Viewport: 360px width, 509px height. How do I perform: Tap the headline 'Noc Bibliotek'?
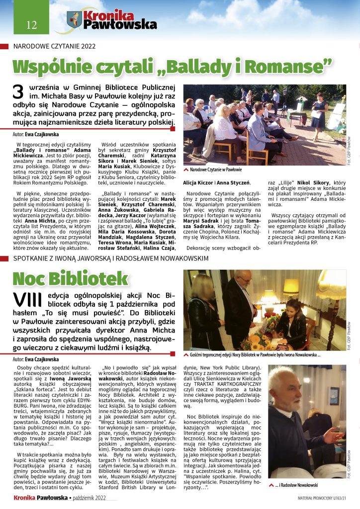(x=70, y=279)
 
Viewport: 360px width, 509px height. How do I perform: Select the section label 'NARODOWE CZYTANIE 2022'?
(x=54, y=46)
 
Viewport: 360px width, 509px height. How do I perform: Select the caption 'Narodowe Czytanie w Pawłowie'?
(x=216, y=170)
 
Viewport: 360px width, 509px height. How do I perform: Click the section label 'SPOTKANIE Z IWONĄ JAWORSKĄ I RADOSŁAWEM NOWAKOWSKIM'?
(x=110, y=259)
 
